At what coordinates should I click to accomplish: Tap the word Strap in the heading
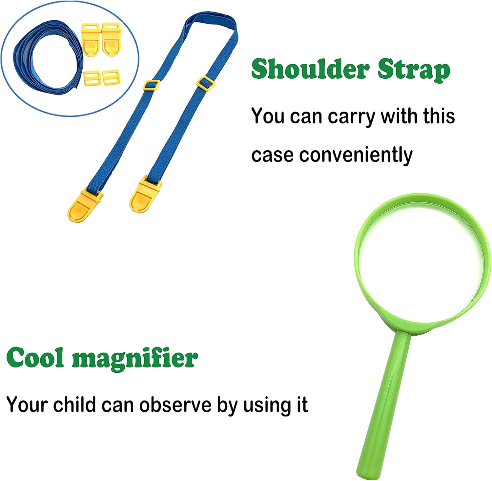click(414, 70)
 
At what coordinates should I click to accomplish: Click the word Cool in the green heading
click(35, 358)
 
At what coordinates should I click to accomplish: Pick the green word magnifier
click(135, 359)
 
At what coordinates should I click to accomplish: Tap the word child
click(74, 405)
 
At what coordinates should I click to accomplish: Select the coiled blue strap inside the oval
click(46, 59)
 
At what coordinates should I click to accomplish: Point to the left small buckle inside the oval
click(91, 78)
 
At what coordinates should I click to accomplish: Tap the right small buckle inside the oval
click(112, 77)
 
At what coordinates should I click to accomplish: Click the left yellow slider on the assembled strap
click(152, 85)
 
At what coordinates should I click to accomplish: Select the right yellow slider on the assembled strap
click(205, 83)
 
